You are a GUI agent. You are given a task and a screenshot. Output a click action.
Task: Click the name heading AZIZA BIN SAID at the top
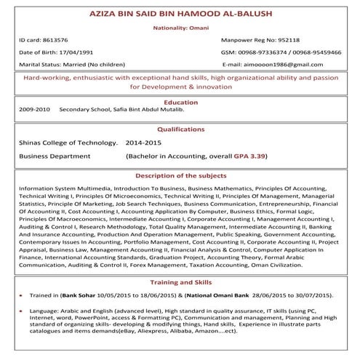coord(180,14)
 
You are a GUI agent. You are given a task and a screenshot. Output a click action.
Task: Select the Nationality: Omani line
coord(180,28)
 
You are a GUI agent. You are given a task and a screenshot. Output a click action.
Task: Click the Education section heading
coord(180,103)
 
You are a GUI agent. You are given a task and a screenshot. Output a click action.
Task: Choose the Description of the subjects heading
coord(180,176)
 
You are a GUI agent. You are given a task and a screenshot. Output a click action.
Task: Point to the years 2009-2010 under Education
coord(34,111)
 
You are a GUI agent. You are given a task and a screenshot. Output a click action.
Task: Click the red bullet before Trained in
coord(21,297)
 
